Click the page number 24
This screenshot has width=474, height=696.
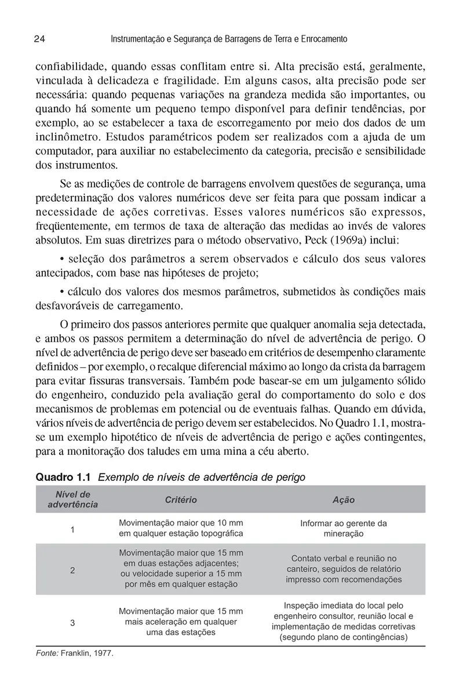point(40,39)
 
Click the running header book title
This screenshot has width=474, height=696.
point(228,39)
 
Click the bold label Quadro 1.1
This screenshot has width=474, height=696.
point(64,477)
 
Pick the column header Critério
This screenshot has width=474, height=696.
point(181,499)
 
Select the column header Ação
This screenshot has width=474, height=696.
point(343,499)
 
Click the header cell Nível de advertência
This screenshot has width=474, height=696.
point(72,499)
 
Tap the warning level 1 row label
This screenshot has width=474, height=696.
point(72,529)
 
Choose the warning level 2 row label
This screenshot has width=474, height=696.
point(72,570)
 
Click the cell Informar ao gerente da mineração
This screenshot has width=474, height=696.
point(343,528)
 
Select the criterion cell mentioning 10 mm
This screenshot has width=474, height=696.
point(181,528)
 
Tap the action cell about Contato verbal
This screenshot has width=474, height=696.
point(343,569)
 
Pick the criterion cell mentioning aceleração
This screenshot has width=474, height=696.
point(181,622)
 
